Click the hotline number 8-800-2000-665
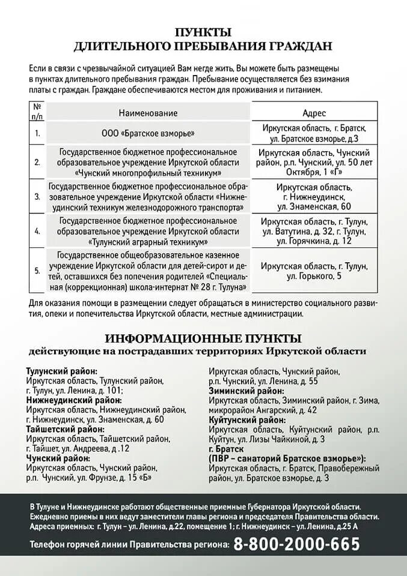tap(296, 544)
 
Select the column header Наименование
tap(148, 113)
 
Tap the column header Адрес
tap(314, 113)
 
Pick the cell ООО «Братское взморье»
tap(148, 133)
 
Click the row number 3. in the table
tap(37, 196)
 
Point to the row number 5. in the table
tap(37, 271)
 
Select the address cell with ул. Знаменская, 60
tap(314, 196)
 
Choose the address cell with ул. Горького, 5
tap(314, 271)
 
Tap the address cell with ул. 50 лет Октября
tap(314, 162)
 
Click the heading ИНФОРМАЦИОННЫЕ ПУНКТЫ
tap(203, 338)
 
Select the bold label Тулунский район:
tap(62, 371)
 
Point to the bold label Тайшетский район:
tap(65, 429)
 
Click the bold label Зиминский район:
tap(246, 391)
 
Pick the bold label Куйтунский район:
tap(247, 419)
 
